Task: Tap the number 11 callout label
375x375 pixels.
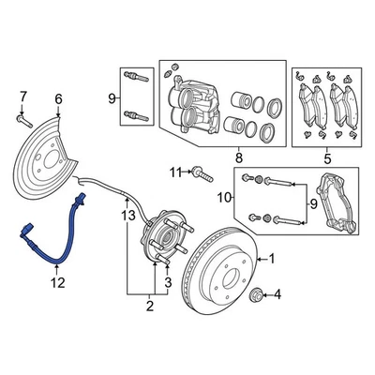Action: [175, 172]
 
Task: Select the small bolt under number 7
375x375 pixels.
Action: [22, 119]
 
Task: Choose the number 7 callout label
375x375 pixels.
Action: [23, 96]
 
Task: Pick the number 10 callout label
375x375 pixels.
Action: [221, 197]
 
